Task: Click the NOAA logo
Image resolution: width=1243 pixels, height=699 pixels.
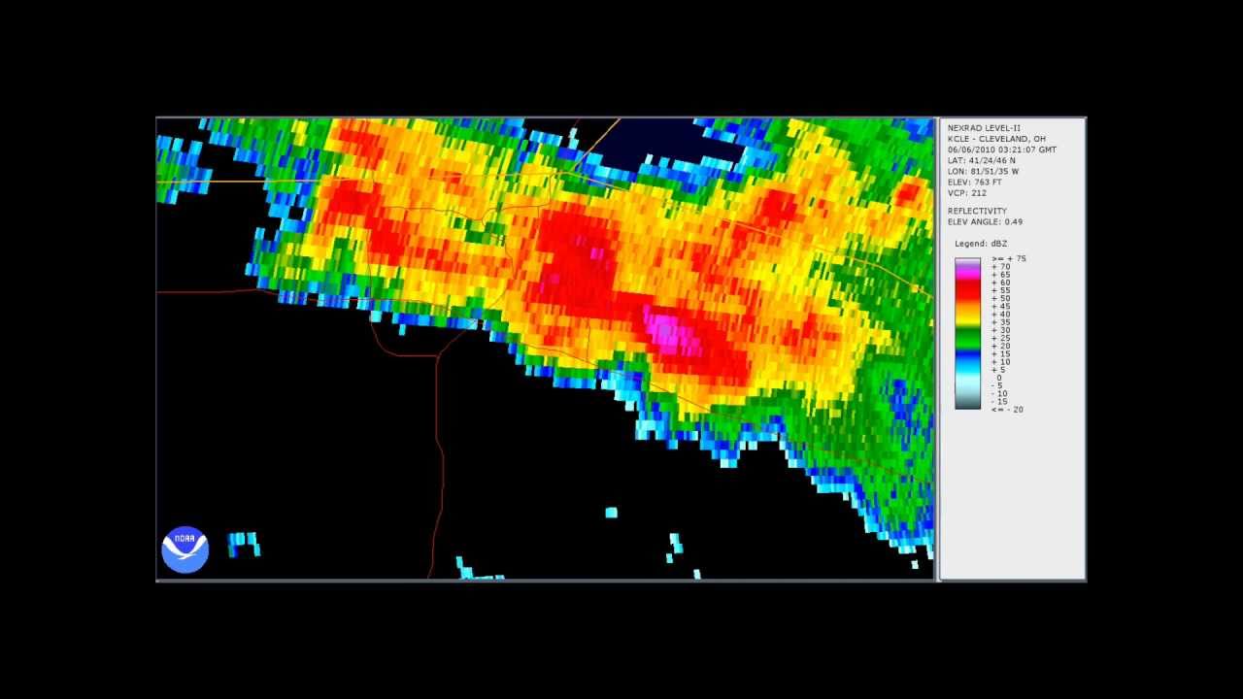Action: (x=185, y=549)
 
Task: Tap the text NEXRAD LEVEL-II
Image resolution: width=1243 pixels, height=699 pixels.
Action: (x=983, y=128)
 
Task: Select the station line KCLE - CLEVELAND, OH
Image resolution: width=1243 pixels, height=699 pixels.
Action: (x=996, y=139)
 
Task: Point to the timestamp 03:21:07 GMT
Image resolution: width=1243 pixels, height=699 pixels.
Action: (x=1025, y=150)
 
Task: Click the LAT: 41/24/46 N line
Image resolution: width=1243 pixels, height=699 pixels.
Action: (x=981, y=160)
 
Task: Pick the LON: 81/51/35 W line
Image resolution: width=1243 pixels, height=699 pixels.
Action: (x=983, y=171)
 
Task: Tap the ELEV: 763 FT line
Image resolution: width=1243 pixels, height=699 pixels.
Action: (x=974, y=182)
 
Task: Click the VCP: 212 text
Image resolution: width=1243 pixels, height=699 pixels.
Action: (x=966, y=192)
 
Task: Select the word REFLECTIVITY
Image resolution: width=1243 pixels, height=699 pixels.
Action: (x=977, y=211)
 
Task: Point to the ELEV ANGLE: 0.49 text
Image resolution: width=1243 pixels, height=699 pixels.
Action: (x=985, y=221)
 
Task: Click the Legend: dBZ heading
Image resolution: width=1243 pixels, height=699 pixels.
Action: (x=984, y=244)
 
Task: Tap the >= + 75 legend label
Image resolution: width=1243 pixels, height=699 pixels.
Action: (x=1008, y=259)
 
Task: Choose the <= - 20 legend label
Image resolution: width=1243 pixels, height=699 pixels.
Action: (x=1006, y=410)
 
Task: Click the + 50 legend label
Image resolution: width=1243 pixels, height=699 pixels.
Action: (x=1000, y=298)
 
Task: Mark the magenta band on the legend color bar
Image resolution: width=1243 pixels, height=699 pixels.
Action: (x=967, y=273)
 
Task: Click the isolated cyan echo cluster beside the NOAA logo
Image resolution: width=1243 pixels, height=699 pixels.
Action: (x=243, y=544)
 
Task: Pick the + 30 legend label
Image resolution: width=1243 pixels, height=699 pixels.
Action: (x=1000, y=330)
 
